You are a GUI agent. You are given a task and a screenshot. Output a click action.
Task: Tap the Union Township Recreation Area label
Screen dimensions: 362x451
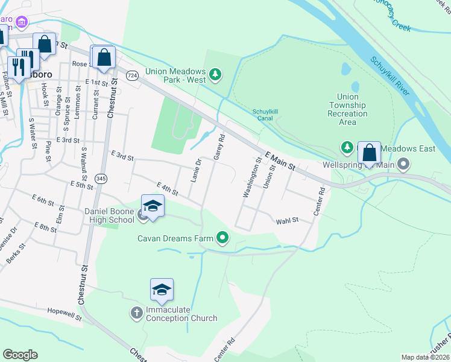pos(347,109)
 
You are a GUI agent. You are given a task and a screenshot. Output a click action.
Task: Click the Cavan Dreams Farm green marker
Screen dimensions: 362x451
pos(223,238)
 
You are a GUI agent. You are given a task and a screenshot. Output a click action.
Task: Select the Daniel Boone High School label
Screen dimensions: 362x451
pos(109,215)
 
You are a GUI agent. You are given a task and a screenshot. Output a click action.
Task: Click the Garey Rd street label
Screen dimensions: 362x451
pos(219,147)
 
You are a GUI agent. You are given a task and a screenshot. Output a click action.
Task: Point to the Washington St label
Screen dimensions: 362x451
pos(253,177)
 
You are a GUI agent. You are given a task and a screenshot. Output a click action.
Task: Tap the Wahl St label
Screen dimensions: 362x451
pos(288,221)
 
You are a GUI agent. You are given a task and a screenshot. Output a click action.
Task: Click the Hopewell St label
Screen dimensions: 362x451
pos(65,314)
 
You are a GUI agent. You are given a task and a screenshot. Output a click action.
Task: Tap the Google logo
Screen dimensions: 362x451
pos(20,355)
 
